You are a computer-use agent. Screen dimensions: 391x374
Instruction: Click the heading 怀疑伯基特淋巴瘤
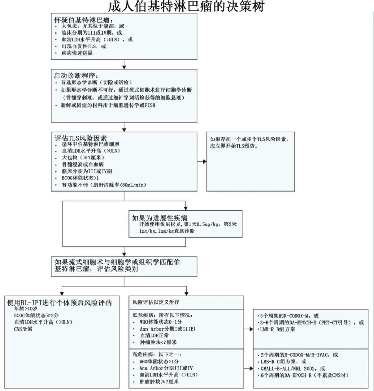coord(83,19)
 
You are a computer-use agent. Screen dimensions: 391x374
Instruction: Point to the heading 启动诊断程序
coord(78,75)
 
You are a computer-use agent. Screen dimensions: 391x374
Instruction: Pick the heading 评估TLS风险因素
coord(81,137)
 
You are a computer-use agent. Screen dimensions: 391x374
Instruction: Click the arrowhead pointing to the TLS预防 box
coord(204,161)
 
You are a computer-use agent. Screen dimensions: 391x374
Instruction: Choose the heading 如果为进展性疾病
coord(160,218)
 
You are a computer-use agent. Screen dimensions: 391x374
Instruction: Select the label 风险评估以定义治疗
coord(156,302)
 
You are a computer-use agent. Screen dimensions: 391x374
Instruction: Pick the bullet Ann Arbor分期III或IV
coord(166,368)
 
